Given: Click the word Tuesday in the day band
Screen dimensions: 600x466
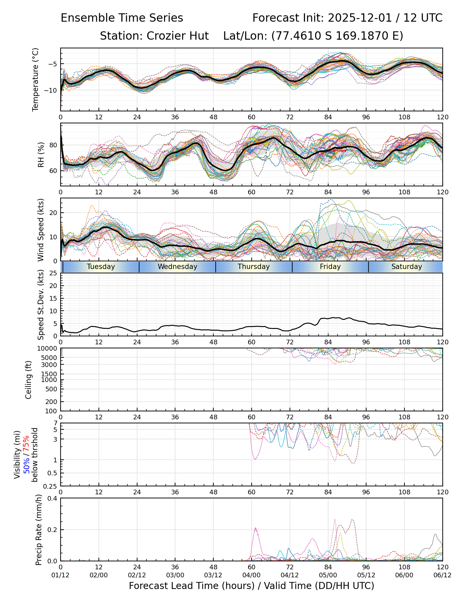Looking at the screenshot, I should click(x=101, y=267).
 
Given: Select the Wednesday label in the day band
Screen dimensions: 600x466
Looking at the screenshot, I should click(x=177, y=267).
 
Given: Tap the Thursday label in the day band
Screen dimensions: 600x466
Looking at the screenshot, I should click(x=254, y=267).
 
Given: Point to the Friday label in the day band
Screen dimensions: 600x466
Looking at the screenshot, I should click(x=330, y=267).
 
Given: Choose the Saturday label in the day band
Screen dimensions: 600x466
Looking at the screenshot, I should click(x=406, y=267).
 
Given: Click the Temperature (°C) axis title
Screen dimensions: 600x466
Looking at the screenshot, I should click(x=36, y=79).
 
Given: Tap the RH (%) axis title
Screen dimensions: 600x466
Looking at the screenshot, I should click(x=41, y=155).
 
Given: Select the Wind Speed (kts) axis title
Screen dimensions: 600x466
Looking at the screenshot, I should click(x=41, y=230).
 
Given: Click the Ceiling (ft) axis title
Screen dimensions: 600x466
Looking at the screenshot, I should click(x=29, y=380).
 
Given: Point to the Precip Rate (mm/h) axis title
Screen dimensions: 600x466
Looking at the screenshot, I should click(x=39, y=530).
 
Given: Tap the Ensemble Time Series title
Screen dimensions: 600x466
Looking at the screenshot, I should click(x=122, y=18).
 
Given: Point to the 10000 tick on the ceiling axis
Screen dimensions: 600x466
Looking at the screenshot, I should click(x=48, y=349).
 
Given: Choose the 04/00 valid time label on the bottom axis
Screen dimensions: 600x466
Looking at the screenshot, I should click(x=251, y=575).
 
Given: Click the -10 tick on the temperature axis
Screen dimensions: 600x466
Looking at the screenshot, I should click(x=52, y=90).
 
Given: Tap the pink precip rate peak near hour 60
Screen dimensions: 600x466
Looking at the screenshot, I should click(x=255, y=528).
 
